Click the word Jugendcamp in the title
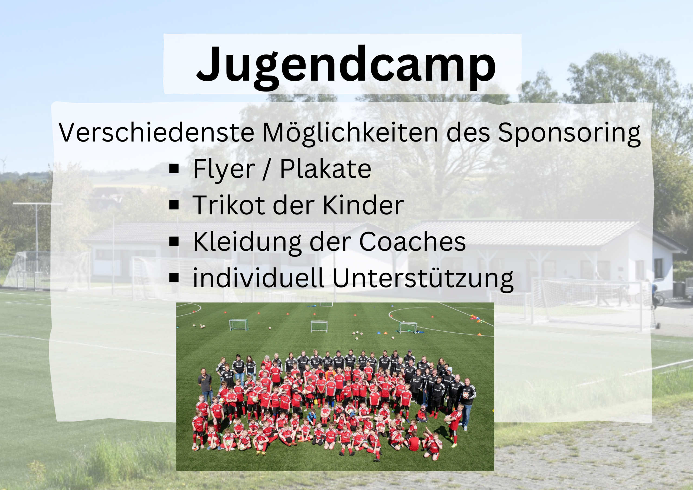346,66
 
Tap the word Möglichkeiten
350,133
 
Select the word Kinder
363,205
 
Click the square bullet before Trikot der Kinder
174,205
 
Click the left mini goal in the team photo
238,325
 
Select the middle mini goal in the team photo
319,326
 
